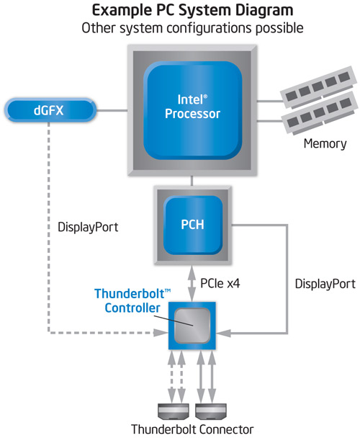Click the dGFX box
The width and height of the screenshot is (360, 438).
(x=50, y=111)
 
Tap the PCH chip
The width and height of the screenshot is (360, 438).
(x=192, y=224)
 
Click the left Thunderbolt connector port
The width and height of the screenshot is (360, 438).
(x=176, y=411)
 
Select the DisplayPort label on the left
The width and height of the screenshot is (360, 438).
(x=87, y=227)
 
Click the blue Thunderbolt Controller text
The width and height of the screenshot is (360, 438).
(x=132, y=301)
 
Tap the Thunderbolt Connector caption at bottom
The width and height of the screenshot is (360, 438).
(x=192, y=429)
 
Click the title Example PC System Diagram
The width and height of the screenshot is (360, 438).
(x=193, y=12)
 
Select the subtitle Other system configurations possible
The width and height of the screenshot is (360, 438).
(x=193, y=29)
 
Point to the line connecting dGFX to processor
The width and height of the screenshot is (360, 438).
(x=112, y=111)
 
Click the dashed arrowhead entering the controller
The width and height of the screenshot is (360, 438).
(x=161, y=333)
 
